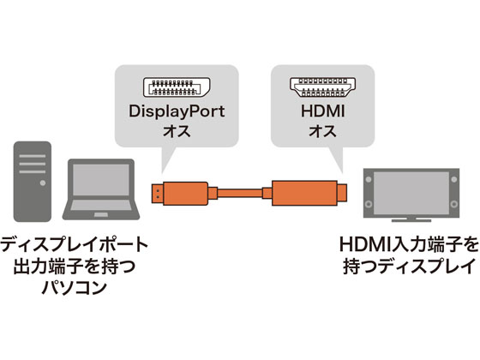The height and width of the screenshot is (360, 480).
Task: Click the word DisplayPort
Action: (174, 113)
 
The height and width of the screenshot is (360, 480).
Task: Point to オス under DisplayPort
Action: (174, 134)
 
